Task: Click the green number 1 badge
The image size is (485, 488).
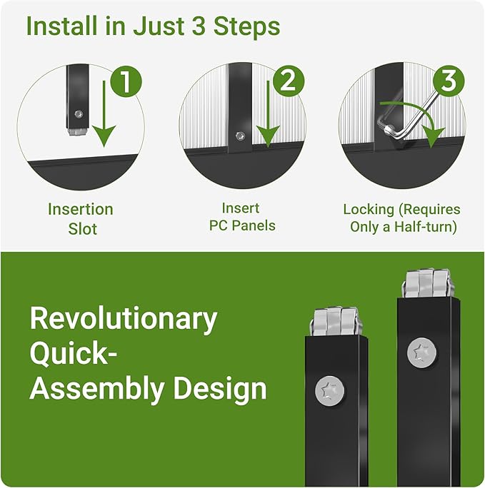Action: point(126,81)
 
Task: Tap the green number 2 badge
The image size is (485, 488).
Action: point(289,81)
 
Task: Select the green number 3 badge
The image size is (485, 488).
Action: point(449,81)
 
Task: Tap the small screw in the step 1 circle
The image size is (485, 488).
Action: point(79,114)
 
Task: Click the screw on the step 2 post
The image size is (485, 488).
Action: point(240,136)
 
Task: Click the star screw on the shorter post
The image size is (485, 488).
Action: point(329,391)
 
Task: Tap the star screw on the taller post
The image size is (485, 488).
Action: point(421,354)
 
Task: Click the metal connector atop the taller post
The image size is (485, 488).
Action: point(427,284)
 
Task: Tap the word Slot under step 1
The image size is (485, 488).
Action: point(83,229)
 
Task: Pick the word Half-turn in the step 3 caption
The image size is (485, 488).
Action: point(426,227)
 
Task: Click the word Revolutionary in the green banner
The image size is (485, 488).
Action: point(124,320)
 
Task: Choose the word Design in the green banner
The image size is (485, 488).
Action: point(220,389)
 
